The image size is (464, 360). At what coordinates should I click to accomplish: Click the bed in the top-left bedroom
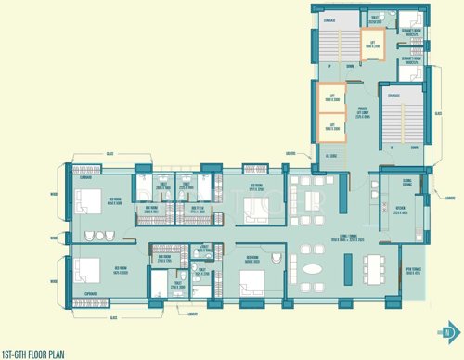[91, 201]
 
